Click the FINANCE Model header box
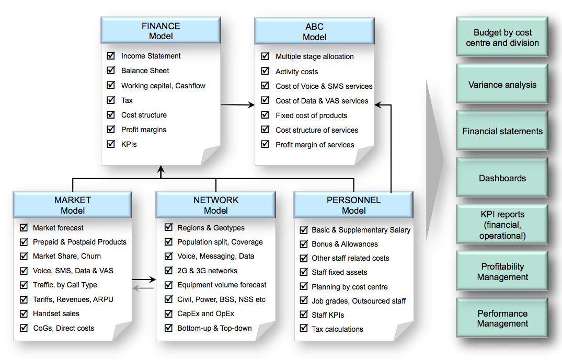160,31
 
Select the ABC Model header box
314,31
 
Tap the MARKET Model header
73,205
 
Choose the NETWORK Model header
215,205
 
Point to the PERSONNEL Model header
353,205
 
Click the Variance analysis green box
502,85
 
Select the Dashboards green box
502,178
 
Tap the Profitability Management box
502,272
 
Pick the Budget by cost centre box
502,38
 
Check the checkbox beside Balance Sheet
111,70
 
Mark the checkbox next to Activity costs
265,71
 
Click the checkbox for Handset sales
24,313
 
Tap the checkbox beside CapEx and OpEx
168,313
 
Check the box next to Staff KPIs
304,315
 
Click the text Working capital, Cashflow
163,86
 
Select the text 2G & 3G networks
207,271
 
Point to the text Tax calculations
337,329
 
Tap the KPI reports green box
502,225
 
